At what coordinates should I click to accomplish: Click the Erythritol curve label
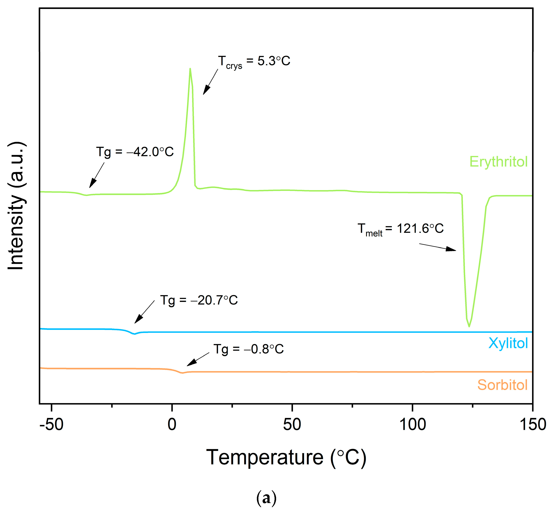(x=498, y=162)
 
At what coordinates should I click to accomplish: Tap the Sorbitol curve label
(x=502, y=385)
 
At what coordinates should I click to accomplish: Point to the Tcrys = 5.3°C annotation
(x=254, y=61)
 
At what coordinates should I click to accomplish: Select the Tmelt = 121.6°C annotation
(x=400, y=229)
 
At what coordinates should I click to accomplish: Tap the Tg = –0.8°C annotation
(x=249, y=349)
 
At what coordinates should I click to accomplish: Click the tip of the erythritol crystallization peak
(x=190, y=69)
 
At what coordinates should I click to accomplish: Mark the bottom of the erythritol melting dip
(x=469, y=326)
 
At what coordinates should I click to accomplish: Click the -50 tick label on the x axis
(x=52, y=424)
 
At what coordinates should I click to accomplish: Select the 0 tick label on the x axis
(x=172, y=424)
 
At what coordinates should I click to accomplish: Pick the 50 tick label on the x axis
(x=292, y=424)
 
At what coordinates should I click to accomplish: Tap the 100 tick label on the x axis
(x=412, y=424)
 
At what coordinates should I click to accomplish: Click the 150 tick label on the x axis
(x=533, y=424)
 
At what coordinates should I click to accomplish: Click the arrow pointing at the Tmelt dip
(x=437, y=247)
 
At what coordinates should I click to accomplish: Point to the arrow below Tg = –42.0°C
(x=97, y=175)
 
